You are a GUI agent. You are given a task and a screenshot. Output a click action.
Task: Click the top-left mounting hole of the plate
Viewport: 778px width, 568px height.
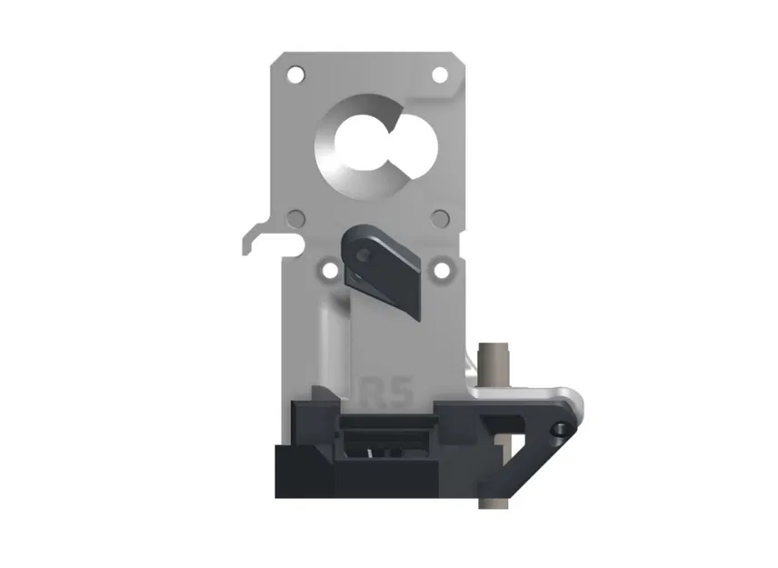point(294,74)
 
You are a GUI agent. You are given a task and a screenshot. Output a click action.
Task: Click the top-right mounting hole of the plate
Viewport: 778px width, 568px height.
point(440,75)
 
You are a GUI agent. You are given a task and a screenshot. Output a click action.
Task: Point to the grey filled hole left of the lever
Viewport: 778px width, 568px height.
point(294,218)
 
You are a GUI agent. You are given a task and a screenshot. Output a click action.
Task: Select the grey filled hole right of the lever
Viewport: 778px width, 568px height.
point(440,218)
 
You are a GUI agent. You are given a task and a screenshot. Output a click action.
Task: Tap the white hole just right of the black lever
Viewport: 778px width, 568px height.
point(442,270)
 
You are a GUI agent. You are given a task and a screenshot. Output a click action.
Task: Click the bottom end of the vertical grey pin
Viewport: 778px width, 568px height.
point(496,504)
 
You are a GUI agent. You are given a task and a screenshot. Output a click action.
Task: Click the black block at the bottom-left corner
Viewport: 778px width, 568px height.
point(304,473)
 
